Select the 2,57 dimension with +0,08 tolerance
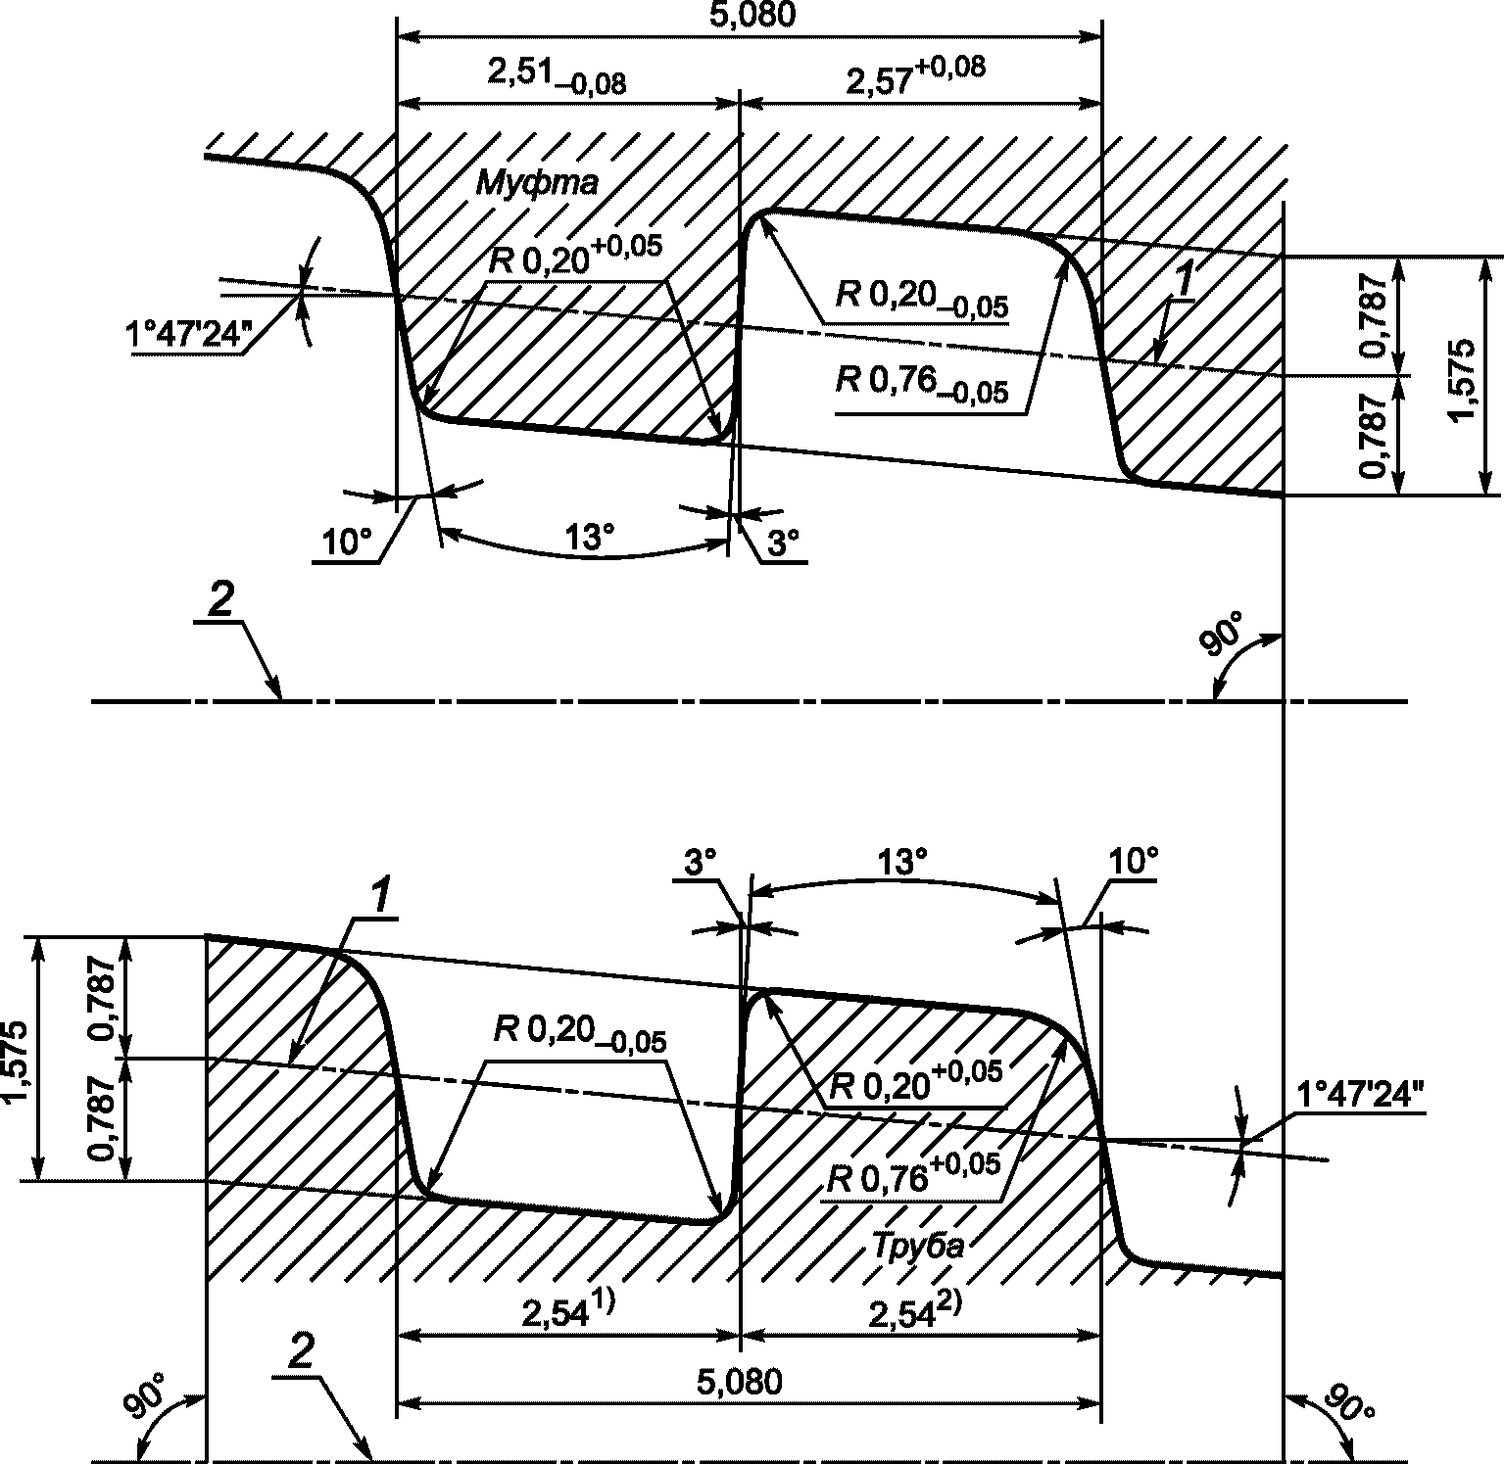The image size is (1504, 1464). coord(915,78)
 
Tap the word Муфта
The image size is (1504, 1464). coord(538,183)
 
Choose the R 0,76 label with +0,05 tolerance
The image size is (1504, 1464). coord(913,1174)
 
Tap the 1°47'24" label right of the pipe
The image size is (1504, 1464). coord(1361,1095)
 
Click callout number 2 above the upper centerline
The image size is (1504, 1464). coord(220,601)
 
